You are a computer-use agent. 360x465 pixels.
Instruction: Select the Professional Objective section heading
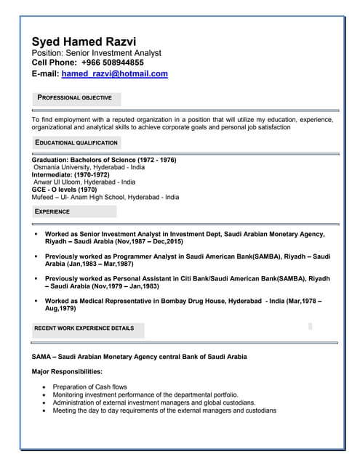click(75, 97)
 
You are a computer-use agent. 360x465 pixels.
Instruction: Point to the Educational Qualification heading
click(76, 143)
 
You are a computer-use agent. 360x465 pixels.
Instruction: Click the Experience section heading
click(52, 211)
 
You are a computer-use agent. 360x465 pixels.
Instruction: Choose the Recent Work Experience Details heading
click(84, 328)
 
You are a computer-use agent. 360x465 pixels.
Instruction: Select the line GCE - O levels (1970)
click(64, 189)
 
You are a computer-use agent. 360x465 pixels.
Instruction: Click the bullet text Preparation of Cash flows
click(90, 387)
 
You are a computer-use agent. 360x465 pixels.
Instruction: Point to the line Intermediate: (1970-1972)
click(71, 174)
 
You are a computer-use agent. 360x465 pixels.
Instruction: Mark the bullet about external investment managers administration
click(154, 403)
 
